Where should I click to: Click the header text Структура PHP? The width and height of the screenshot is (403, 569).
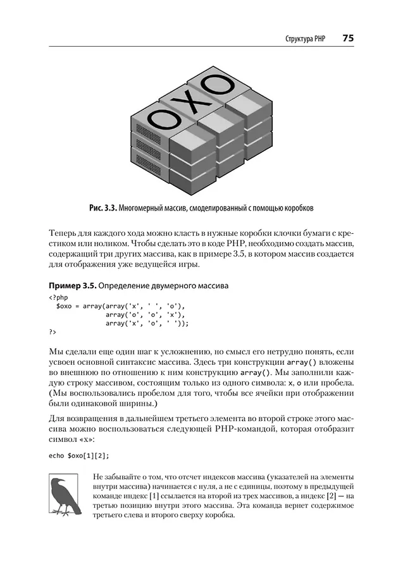(x=305, y=39)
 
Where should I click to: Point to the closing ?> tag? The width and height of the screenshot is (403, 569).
(x=52, y=331)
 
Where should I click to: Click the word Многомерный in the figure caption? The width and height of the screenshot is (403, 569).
(x=147, y=207)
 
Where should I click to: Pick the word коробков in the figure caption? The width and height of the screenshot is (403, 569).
(x=297, y=207)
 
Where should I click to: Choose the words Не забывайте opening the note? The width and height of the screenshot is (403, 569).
(x=115, y=476)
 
